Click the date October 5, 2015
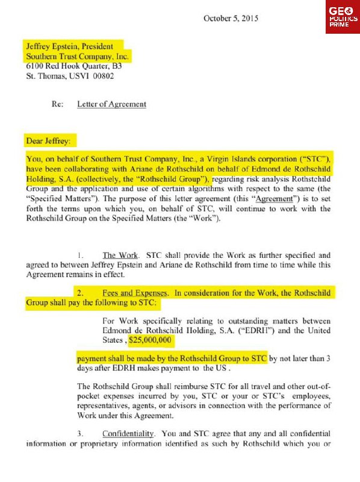pyautogui.click(x=231, y=18)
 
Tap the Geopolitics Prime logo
pyautogui.click(x=342, y=18)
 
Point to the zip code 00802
pyautogui.click(x=103, y=77)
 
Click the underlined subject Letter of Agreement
pyautogui.click(x=111, y=104)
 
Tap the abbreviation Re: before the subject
pyautogui.click(x=58, y=104)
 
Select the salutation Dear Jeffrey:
pyautogui.click(x=47, y=142)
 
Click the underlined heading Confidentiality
pyautogui.click(x=135, y=434)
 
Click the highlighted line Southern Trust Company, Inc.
pyautogui.click(x=77, y=56)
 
